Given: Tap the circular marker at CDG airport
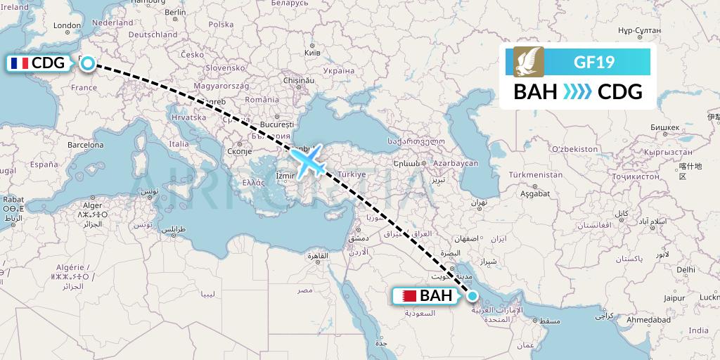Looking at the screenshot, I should (87, 63).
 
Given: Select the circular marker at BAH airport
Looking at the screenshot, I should (472, 296).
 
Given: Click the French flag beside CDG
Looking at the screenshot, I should (19, 63).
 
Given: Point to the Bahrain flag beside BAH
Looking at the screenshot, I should (406, 296).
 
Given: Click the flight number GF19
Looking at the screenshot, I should (594, 62).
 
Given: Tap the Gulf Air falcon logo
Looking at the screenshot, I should (528, 62).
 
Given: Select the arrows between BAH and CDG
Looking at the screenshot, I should (578, 92).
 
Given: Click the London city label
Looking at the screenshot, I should (67, 26).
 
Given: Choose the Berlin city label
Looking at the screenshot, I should (174, 12).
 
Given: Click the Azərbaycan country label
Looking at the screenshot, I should (456, 163).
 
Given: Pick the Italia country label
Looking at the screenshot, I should (179, 143).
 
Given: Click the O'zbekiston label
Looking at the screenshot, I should (574, 149).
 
